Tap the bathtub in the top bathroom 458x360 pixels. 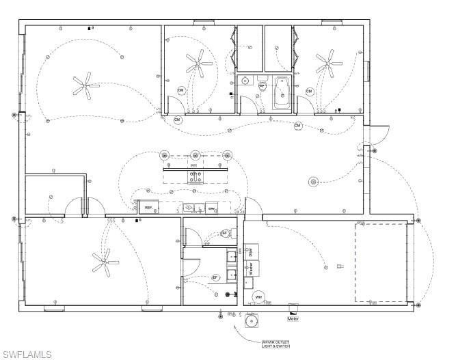pos(281,93)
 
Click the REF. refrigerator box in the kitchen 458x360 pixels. pos(148,207)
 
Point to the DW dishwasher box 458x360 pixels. pos(212,208)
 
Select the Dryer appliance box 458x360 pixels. pos(252,251)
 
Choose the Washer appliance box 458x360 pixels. pos(252,270)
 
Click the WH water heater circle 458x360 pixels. pos(258,297)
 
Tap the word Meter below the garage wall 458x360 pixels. pos(293,318)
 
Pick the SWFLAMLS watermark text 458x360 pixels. pos(27,353)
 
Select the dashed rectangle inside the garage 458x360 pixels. pos(380,262)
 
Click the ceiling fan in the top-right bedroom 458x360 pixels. pos(329,64)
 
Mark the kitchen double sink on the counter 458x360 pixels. pos(194,208)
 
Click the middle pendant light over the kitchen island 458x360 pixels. pos(195,154)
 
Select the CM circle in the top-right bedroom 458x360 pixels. pos(310,92)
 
